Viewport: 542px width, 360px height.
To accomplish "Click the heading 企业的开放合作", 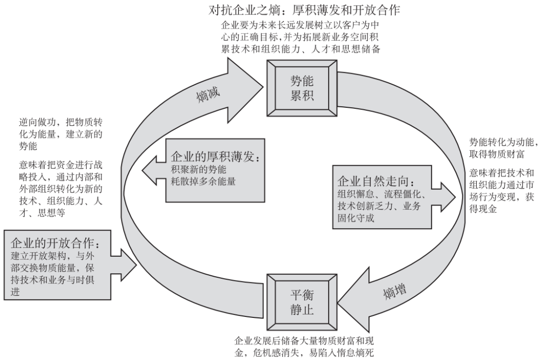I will coord(55,244).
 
